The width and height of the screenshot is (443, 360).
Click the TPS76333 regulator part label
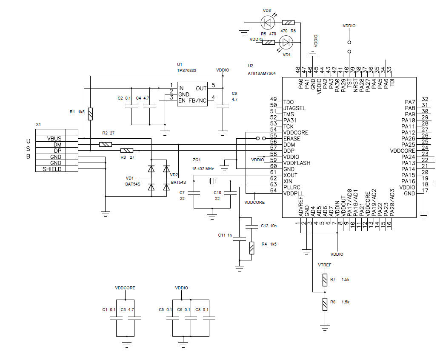click(x=186, y=71)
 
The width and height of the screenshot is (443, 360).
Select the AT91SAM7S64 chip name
click(x=262, y=73)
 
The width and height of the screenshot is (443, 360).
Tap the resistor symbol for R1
click(x=90, y=114)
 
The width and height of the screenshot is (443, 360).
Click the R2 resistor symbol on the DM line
click(x=105, y=145)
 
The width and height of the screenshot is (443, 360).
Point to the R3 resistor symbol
click(x=126, y=151)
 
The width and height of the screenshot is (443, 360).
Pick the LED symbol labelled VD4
click(x=286, y=42)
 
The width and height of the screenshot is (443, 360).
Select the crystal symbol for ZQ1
click(x=213, y=181)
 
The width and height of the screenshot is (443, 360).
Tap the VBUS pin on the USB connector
click(x=54, y=139)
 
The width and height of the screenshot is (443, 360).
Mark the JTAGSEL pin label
click(x=294, y=109)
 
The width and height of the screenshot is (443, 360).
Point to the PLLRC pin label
click(x=292, y=187)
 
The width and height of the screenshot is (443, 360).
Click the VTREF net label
click(x=325, y=265)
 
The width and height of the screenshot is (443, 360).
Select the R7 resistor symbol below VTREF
click(x=325, y=280)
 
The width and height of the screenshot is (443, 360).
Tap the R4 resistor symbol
click(x=252, y=248)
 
